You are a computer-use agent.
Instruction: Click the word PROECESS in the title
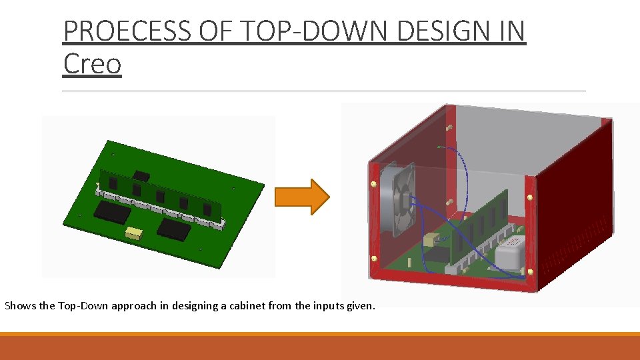coord(131,31)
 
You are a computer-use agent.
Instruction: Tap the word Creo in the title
coord(92,64)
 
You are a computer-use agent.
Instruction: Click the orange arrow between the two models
coord(311,197)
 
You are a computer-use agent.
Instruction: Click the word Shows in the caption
coord(20,306)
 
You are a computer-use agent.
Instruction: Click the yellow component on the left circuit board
coord(135,233)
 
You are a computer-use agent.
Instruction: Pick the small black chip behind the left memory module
coord(140,176)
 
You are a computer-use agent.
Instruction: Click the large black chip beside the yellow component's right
coord(174,229)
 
